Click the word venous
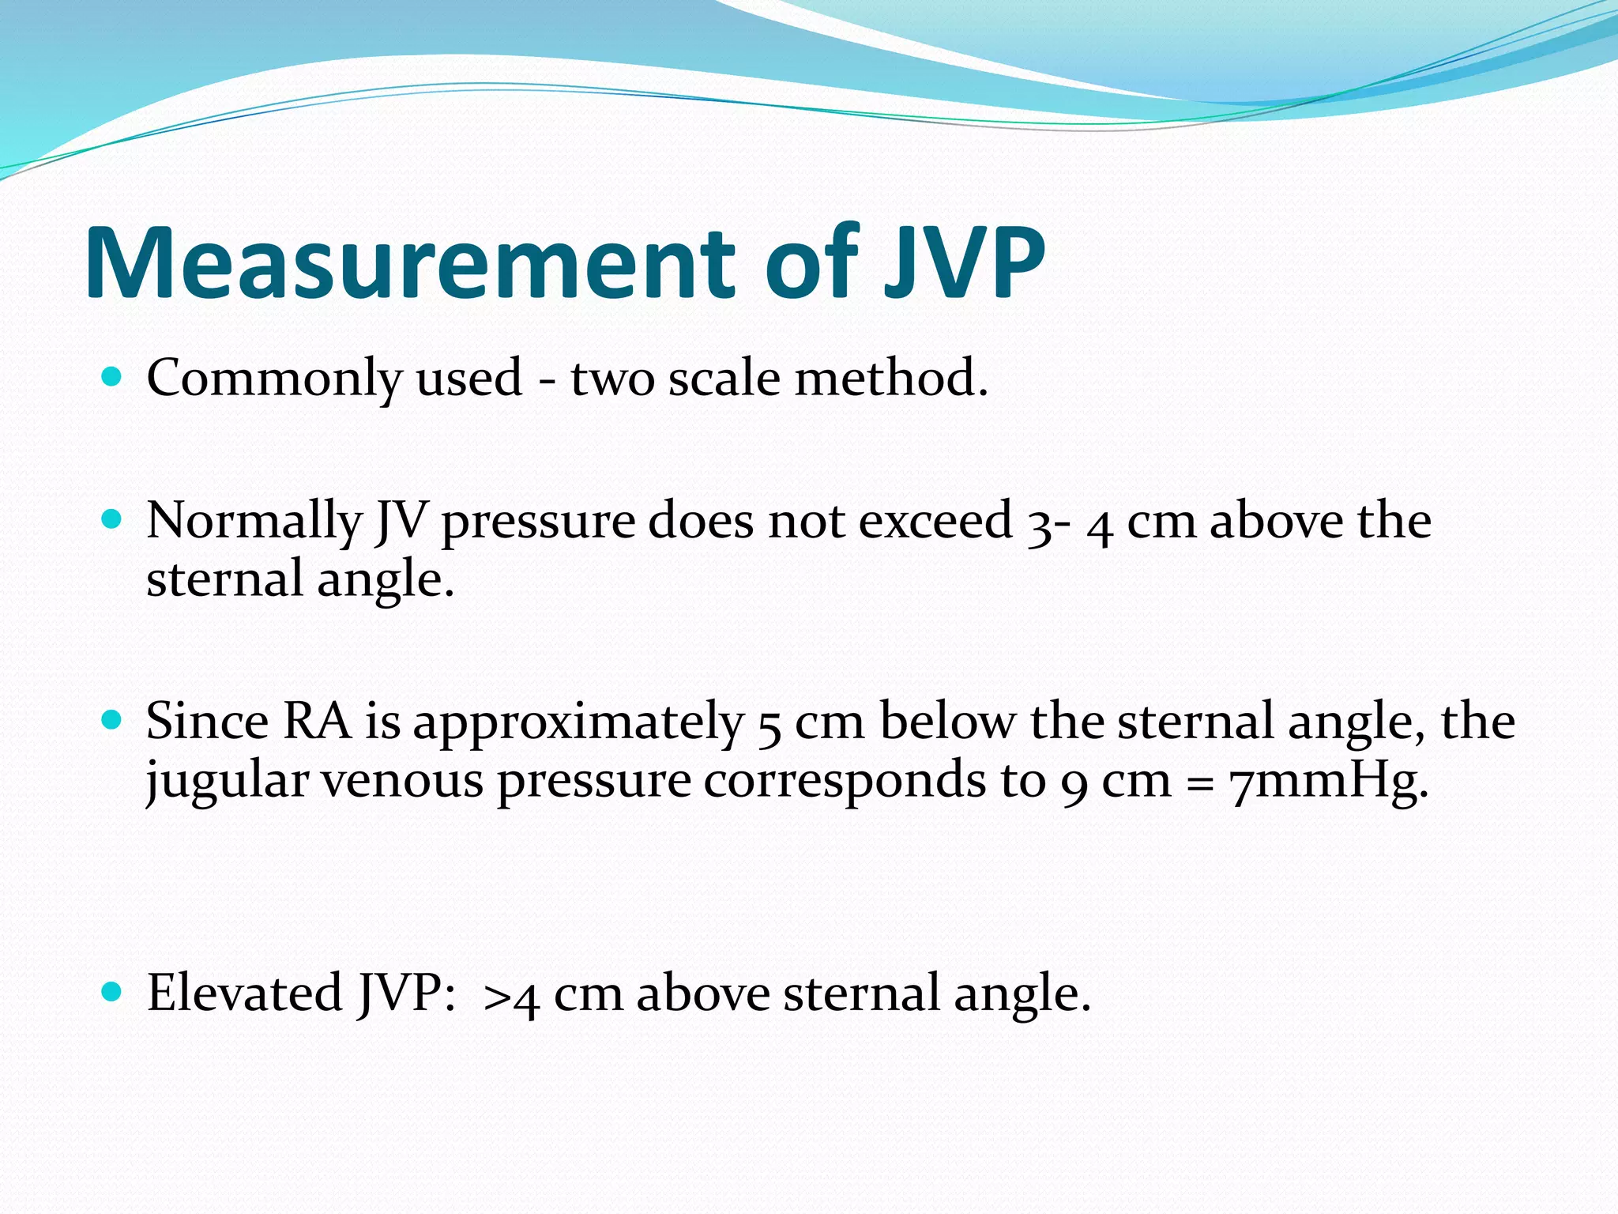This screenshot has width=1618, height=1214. [402, 781]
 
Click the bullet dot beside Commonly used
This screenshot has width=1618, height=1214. [113, 377]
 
